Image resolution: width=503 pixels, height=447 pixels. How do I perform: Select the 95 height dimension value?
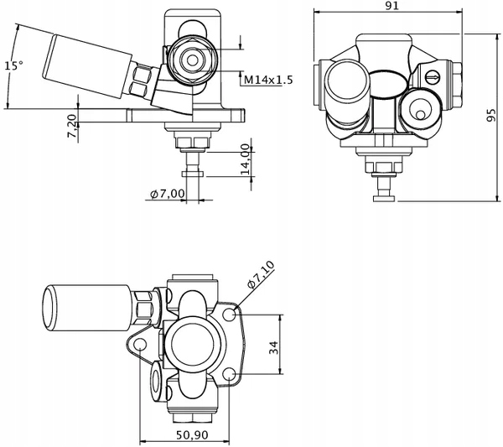[x=492, y=118]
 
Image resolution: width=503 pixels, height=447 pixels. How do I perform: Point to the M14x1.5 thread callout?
[x=268, y=80]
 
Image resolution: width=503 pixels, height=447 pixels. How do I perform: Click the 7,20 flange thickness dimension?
[x=72, y=126]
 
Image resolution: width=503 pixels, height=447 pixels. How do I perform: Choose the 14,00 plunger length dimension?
[x=245, y=158]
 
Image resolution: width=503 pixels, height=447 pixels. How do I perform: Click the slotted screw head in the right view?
[x=433, y=78]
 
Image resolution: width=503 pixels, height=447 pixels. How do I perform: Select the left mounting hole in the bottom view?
[x=140, y=345]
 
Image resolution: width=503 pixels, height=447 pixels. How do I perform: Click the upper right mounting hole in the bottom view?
[x=230, y=314]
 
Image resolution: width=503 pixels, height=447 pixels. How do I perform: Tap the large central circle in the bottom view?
[x=192, y=345]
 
